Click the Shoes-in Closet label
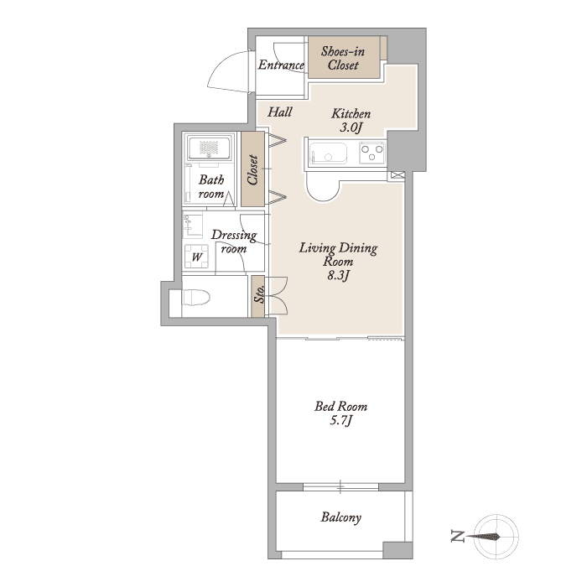342,58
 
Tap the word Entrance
281,65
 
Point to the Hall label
279,112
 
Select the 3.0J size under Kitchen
351,127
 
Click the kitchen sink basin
329,153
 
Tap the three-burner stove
371,153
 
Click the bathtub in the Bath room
209,148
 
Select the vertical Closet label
252,169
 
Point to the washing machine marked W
196,257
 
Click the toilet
195,297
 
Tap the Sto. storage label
259,294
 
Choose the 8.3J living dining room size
339,276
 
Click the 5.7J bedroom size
341,421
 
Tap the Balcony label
340,517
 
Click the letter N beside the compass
458,537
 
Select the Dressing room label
234,242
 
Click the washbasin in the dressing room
192,226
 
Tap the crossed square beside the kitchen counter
398,174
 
